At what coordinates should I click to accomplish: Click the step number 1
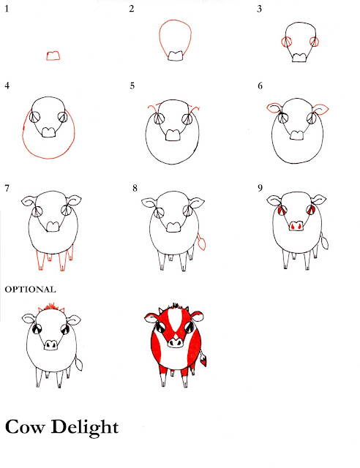(7, 9)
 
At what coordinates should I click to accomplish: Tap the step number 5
(132, 86)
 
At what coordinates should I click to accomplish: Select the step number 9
(260, 188)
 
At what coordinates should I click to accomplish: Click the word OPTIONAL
(30, 290)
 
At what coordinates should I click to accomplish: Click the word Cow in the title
(25, 427)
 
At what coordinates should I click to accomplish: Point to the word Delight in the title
(85, 427)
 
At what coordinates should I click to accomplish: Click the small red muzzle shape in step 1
(53, 56)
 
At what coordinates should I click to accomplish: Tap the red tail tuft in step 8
(202, 244)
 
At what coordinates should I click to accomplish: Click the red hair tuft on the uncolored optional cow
(51, 307)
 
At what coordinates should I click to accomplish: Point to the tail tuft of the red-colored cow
(203, 359)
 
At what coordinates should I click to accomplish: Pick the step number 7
(7, 188)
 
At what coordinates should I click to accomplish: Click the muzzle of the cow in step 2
(175, 56)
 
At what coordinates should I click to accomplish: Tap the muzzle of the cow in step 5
(173, 135)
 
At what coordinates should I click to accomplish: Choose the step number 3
(259, 9)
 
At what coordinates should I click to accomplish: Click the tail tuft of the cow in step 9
(324, 242)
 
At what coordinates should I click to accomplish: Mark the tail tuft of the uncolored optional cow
(79, 363)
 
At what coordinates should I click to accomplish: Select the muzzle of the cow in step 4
(48, 132)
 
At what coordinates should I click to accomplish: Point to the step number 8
(135, 188)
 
